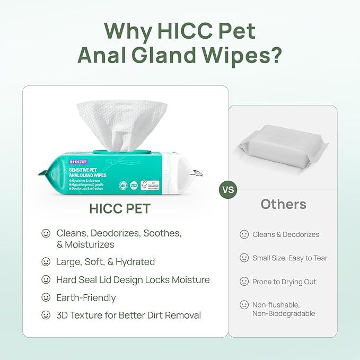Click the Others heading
pos(283,204)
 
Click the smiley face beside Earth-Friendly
pos(46,298)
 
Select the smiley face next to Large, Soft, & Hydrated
pos(46,262)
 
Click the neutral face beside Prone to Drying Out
pos(244,282)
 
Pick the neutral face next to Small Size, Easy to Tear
pos(244,258)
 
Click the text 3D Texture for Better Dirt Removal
pos(128,315)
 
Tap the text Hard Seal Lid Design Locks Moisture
pos(133,280)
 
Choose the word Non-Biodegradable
pos(284,313)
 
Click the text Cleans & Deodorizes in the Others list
pos(286,234)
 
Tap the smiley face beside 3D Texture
pos(46,315)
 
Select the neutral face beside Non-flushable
pos(244,305)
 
